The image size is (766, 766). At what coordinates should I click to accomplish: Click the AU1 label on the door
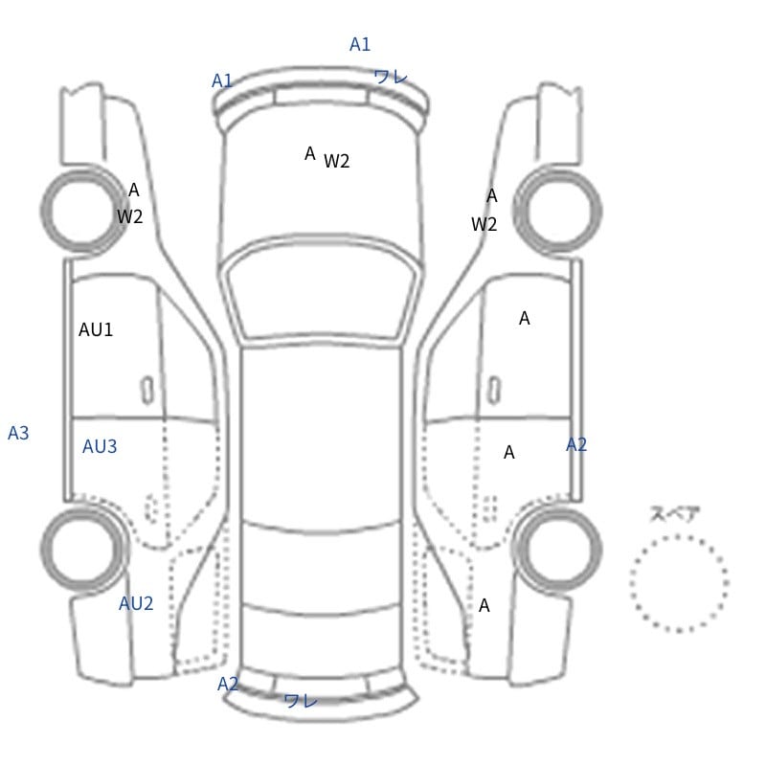[x=96, y=329]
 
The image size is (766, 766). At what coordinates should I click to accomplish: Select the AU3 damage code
[x=100, y=446]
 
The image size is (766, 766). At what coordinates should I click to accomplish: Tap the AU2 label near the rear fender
[x=136, y=604]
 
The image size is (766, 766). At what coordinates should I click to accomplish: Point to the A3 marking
[x=18, y=434]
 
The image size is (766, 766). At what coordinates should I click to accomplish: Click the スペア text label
[x=667, y=514]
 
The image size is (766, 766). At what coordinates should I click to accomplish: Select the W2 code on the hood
[x=337, y=161]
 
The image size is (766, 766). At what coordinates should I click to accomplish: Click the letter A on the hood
[x=309, y=154]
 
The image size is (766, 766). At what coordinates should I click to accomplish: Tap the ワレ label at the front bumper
[x=391, y=77]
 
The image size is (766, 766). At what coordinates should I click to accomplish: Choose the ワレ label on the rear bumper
[x=301, y=701]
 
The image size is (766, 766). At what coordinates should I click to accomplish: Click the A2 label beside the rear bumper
[x=228, y=684]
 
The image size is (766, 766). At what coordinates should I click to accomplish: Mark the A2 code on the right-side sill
[x=576, y=444]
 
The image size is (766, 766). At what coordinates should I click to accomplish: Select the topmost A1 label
[x=360, y=44]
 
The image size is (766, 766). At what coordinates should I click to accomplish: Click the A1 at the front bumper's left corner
[x=222, y=81]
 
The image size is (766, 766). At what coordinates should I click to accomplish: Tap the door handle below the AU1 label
[x=147, y=391]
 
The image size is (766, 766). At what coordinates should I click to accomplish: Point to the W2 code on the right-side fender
[x=484, y=225]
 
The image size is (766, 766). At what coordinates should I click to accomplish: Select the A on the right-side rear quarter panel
[x=484, y=606]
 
